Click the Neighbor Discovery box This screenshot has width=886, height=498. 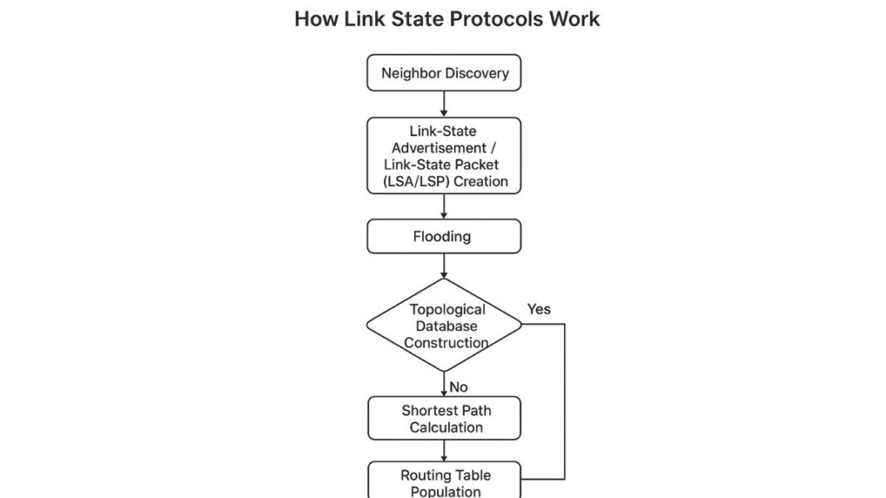pos(444,73)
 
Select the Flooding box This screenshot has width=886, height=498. pos(444,237)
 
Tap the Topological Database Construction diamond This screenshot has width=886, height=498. pos(445,325)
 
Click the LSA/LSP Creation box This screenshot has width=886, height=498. pos(444,156)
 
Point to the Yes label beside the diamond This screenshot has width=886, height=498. pos(538,309)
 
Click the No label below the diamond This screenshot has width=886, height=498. pos(459,387)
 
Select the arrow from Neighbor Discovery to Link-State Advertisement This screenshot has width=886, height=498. pos(444,104)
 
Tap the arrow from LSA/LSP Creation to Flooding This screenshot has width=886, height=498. pos(444,207)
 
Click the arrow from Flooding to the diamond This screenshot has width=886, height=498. pos(444,266)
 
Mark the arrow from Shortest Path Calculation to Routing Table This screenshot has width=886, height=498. pos(444,451)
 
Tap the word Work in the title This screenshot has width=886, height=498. pos(573,18)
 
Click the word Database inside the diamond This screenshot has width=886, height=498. pos(446,325)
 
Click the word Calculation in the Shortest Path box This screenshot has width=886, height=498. pos(445,427)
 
